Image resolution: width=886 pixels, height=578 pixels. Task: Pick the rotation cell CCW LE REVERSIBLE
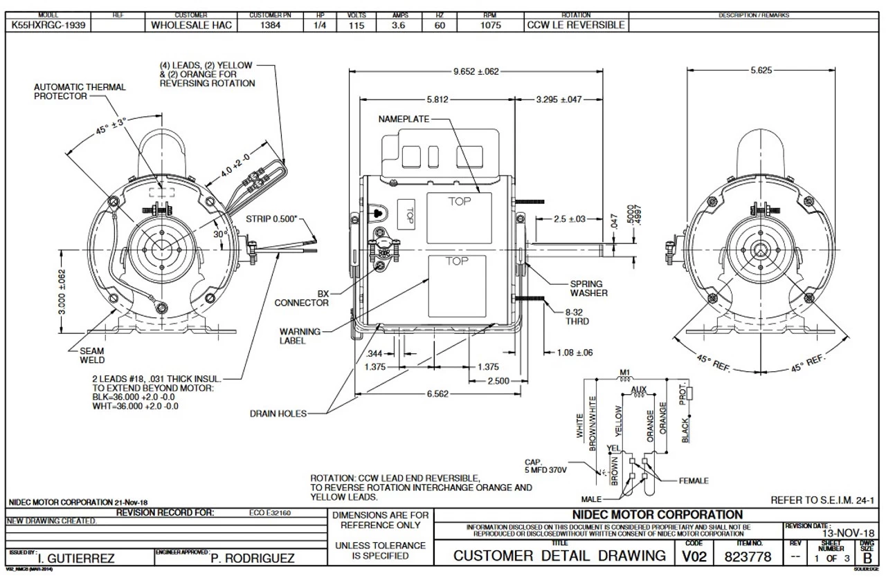tap(576, 25)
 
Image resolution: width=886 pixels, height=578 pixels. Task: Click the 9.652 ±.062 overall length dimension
tap(476, 71)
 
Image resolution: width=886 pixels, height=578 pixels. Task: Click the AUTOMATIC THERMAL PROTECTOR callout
tap(80, 92)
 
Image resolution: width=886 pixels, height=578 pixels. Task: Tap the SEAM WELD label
tap(92, 355)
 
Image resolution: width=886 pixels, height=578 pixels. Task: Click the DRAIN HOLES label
tap(278, 413)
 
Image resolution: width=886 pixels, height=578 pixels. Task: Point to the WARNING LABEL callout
tap(300, 336)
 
